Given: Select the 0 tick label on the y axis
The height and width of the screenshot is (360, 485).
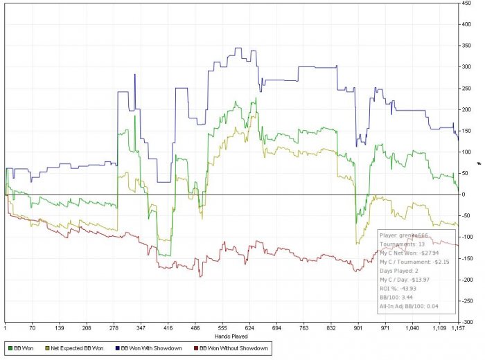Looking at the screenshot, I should click(464, 195).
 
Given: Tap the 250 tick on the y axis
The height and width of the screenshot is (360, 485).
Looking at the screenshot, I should click(469, 89).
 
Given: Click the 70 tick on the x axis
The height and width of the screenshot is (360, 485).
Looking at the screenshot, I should click(33, 329).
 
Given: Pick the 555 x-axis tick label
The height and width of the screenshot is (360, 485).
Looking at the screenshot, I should click(222, 329).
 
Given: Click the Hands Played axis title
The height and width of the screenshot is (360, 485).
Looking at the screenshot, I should click(231, 336).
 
